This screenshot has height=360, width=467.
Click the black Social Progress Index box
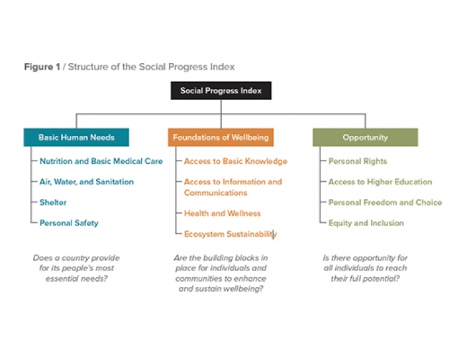point(221,91)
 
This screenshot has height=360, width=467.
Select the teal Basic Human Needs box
point(76,137)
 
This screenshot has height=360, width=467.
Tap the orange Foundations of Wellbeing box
point(221,137)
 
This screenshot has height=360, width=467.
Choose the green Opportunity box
point(365,137)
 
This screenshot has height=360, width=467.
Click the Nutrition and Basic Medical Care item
point(101,161)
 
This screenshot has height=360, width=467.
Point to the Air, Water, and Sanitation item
point(87,182)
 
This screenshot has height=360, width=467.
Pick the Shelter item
point(53,202)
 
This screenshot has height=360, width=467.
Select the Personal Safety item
point(69,223)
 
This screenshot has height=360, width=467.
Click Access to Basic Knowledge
point(236,161)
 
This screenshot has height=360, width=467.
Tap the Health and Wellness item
point(222,213)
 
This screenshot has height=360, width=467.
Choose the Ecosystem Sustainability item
point(231,234)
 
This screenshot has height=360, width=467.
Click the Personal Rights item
point(358,161)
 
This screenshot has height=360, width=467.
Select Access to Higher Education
point(380,182)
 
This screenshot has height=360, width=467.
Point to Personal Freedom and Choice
point(385,202)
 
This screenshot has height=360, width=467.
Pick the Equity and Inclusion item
point(366,223)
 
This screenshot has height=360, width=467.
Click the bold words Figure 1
point(42,67)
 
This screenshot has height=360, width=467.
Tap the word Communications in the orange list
point(216,193)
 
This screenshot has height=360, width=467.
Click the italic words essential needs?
point(76,278)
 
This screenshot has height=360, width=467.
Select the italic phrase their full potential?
point(365,278)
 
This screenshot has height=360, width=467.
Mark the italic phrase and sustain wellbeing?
point(221,289)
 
